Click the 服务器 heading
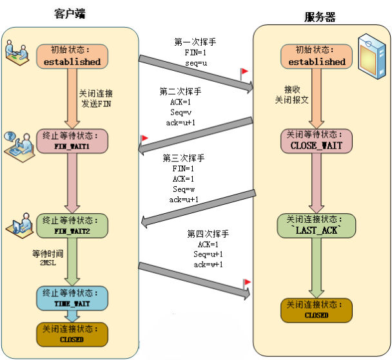320,17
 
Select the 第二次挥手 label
180,91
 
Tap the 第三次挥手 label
183,158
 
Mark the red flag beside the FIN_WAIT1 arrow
145,138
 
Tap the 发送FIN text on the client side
97,102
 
